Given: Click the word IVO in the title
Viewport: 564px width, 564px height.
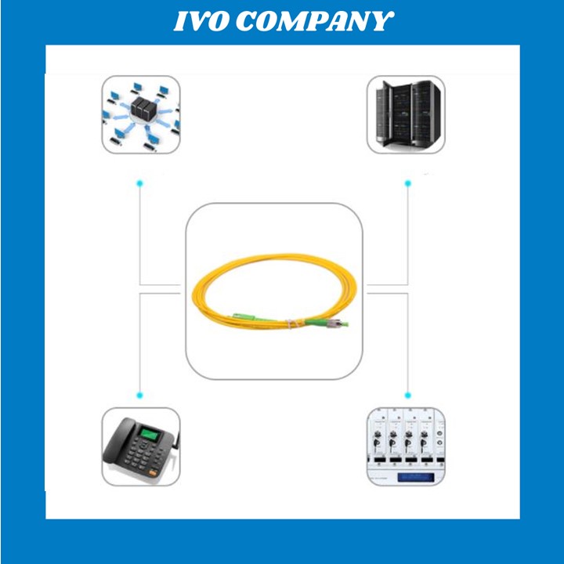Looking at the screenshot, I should pos(201,22).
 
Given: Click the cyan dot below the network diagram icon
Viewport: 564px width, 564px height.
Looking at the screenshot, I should pos(139,183).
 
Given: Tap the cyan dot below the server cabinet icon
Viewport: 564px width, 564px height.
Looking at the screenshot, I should pos(407,183).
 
